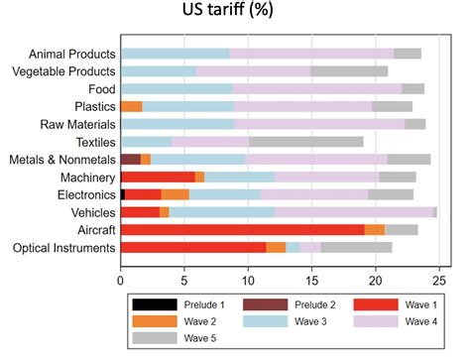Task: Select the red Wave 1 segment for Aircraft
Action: click(x=242, y=229)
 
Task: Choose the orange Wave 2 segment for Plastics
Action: click(x=131, y=106)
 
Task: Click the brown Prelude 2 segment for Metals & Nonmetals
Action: click(x=130, y=159)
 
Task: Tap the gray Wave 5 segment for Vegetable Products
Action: click(x=349, y=71)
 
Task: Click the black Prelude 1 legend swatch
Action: click(x=156, y=303)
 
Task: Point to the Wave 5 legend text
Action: click(x=205, y=339)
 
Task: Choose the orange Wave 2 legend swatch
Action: click(x=156, y=321)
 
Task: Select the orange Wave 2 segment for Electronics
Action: click(x=175, y=194)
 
